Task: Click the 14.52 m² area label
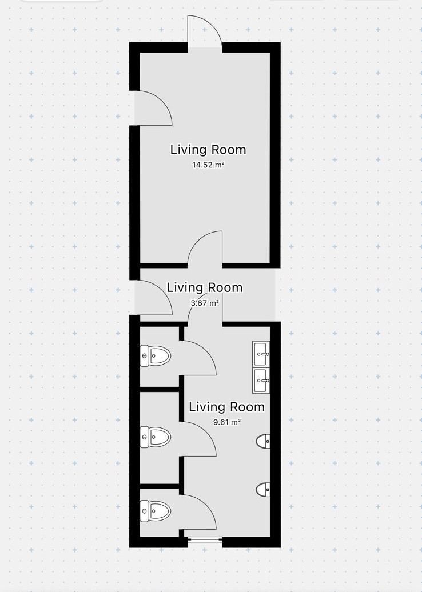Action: click(x=208, y=165)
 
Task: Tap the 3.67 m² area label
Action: click(x=204, y=303)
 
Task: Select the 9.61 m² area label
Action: click(x=226, y=422)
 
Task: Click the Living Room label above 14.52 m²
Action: click(x=208, y=150)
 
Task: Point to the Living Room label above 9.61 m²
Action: click(x=226, y=407)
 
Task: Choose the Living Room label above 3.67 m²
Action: click(x=204, y=287)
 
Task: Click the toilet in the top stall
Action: click(x=156, y=355)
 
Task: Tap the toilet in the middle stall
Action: click(x=156, y=437)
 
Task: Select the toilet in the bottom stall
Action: click(x=156, y=511)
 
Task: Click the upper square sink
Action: click(x=261, y=354)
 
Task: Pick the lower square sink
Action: click(x=261, y=381)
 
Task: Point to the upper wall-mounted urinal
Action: click(x=264, y=441)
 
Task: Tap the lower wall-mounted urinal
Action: click(x=264, y=490)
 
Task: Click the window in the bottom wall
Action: click(x=205, y=540)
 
